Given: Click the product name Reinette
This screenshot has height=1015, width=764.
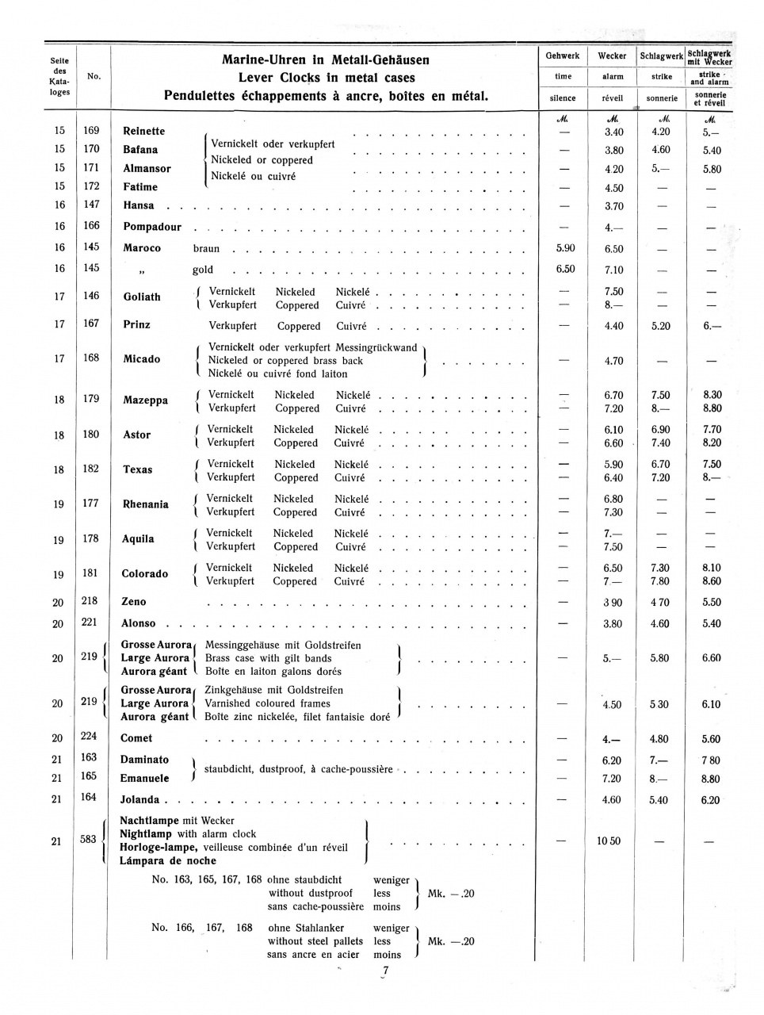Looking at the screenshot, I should [x=144, y=131].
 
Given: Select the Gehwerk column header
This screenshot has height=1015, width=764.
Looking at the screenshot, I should [x=563, y=56].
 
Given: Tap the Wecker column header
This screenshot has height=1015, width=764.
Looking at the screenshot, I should [x=612, y=56].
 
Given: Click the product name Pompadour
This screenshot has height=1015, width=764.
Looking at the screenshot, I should [x=152, y=227].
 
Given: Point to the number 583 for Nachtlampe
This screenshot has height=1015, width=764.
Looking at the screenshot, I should [x=88, y=839].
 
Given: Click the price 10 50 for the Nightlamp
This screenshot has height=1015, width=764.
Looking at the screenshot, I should [x=609, y=841].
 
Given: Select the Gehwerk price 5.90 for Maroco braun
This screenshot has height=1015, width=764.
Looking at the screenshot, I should [x=565, y=248].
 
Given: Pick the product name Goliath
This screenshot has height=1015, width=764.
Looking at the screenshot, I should [x=142, y=297].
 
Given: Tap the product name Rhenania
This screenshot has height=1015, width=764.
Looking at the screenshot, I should [x=146, y=504].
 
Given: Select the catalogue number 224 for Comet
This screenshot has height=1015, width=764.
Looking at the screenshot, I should [x=89, y=737].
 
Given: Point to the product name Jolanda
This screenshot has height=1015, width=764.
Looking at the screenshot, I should [x=139, y=800].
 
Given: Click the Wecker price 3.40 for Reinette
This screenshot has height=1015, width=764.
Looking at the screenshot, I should [x=613, y=132].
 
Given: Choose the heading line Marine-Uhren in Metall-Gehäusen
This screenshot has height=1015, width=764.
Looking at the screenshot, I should [x=326, y=60].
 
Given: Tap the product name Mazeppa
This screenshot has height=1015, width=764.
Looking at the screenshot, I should [x=145, y=400].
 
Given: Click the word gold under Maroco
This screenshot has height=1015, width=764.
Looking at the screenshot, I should [x=203, y=270].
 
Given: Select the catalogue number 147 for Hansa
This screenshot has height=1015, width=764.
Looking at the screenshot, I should [x=91, y=205].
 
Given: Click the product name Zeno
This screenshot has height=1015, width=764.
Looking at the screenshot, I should [x=134, y=602].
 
